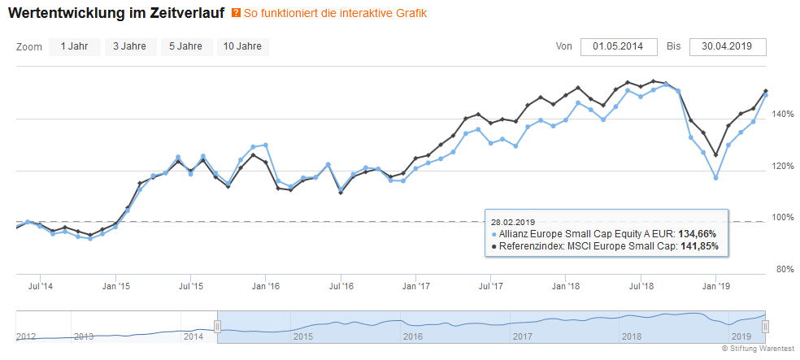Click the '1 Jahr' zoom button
pos(74,46)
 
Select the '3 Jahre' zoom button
pos(129,46)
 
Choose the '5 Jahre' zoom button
pos(185,46)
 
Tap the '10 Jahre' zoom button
pos(242,46)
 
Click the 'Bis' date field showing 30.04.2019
pos(727,46)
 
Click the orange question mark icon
pos(237,14)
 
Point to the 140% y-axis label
pos(781,115)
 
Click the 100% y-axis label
pos(781,218)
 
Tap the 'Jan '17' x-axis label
pos(415,286)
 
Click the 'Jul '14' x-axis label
pos(41,286)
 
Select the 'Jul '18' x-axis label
pos(641,286)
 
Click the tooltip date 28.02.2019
pos(513,220)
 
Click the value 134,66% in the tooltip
pos(698,233)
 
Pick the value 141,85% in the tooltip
pos(698,246)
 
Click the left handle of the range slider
pos(217,326)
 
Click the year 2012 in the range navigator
pos(27,336)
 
